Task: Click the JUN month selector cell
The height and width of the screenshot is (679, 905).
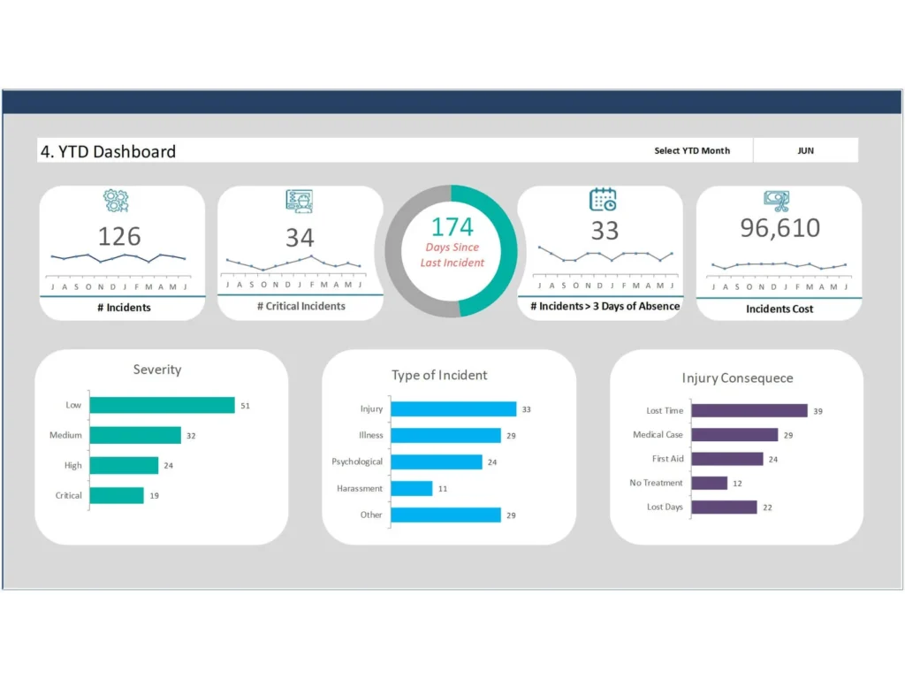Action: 805,150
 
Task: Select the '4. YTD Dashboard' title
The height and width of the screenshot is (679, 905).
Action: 108,151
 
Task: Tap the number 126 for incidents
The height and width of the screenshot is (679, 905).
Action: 119,236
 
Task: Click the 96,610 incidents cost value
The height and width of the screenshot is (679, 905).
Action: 780,228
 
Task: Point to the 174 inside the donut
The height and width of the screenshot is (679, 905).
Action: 452,226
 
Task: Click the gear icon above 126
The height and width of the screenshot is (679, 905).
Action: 116,201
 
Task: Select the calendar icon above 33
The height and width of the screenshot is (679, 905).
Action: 603,200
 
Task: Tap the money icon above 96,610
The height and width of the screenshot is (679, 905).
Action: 777,201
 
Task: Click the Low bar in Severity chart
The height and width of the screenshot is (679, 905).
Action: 162,405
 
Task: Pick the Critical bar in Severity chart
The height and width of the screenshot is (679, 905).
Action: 117,495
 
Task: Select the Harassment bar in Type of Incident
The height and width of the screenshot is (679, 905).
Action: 411,488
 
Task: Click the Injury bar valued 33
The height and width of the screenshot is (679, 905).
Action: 453,409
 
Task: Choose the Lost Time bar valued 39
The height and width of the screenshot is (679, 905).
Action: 749,411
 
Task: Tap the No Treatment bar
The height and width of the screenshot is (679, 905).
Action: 709,483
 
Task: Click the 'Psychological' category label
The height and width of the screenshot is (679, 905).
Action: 357,462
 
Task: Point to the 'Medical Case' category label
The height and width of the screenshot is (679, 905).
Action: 658,435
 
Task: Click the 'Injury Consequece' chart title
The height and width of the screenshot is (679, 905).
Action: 737,378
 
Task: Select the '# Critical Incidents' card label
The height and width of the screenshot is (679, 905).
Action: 300,306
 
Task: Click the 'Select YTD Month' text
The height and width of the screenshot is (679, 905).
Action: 692,150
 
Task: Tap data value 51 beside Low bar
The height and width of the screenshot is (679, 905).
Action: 246,406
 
